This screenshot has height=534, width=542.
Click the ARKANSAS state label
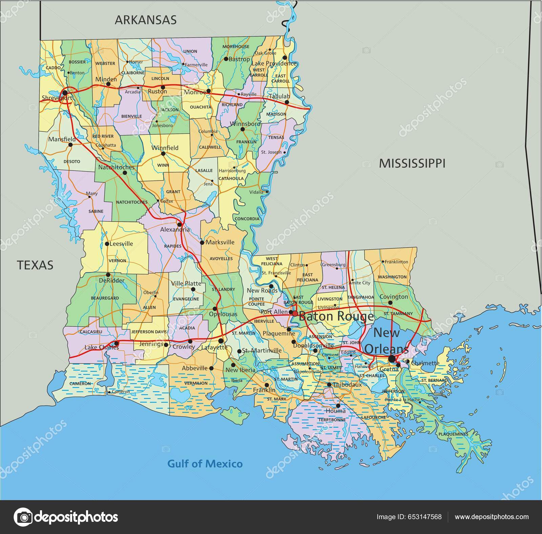tap(146, 20)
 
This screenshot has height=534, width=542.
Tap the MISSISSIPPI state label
tap(412, 163)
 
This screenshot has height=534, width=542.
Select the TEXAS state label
tap(35, 265)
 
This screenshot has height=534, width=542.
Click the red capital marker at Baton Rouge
tap(295, 313)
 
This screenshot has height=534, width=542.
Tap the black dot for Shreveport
tap(65, 92)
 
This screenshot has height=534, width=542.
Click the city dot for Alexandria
tap(180, 224)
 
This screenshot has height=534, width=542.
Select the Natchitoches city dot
tap(125, 172)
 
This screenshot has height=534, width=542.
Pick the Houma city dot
tap(338, 406)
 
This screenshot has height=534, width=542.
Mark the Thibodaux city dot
tap(329, 385)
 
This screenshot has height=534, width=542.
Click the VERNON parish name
tap(118, 261)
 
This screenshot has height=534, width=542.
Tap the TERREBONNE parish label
tap(332, 419)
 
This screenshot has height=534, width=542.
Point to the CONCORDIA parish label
tap(247, 219)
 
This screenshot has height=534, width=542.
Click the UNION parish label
tap(190, 51)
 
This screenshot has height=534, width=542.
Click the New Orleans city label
tap(387, 341)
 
